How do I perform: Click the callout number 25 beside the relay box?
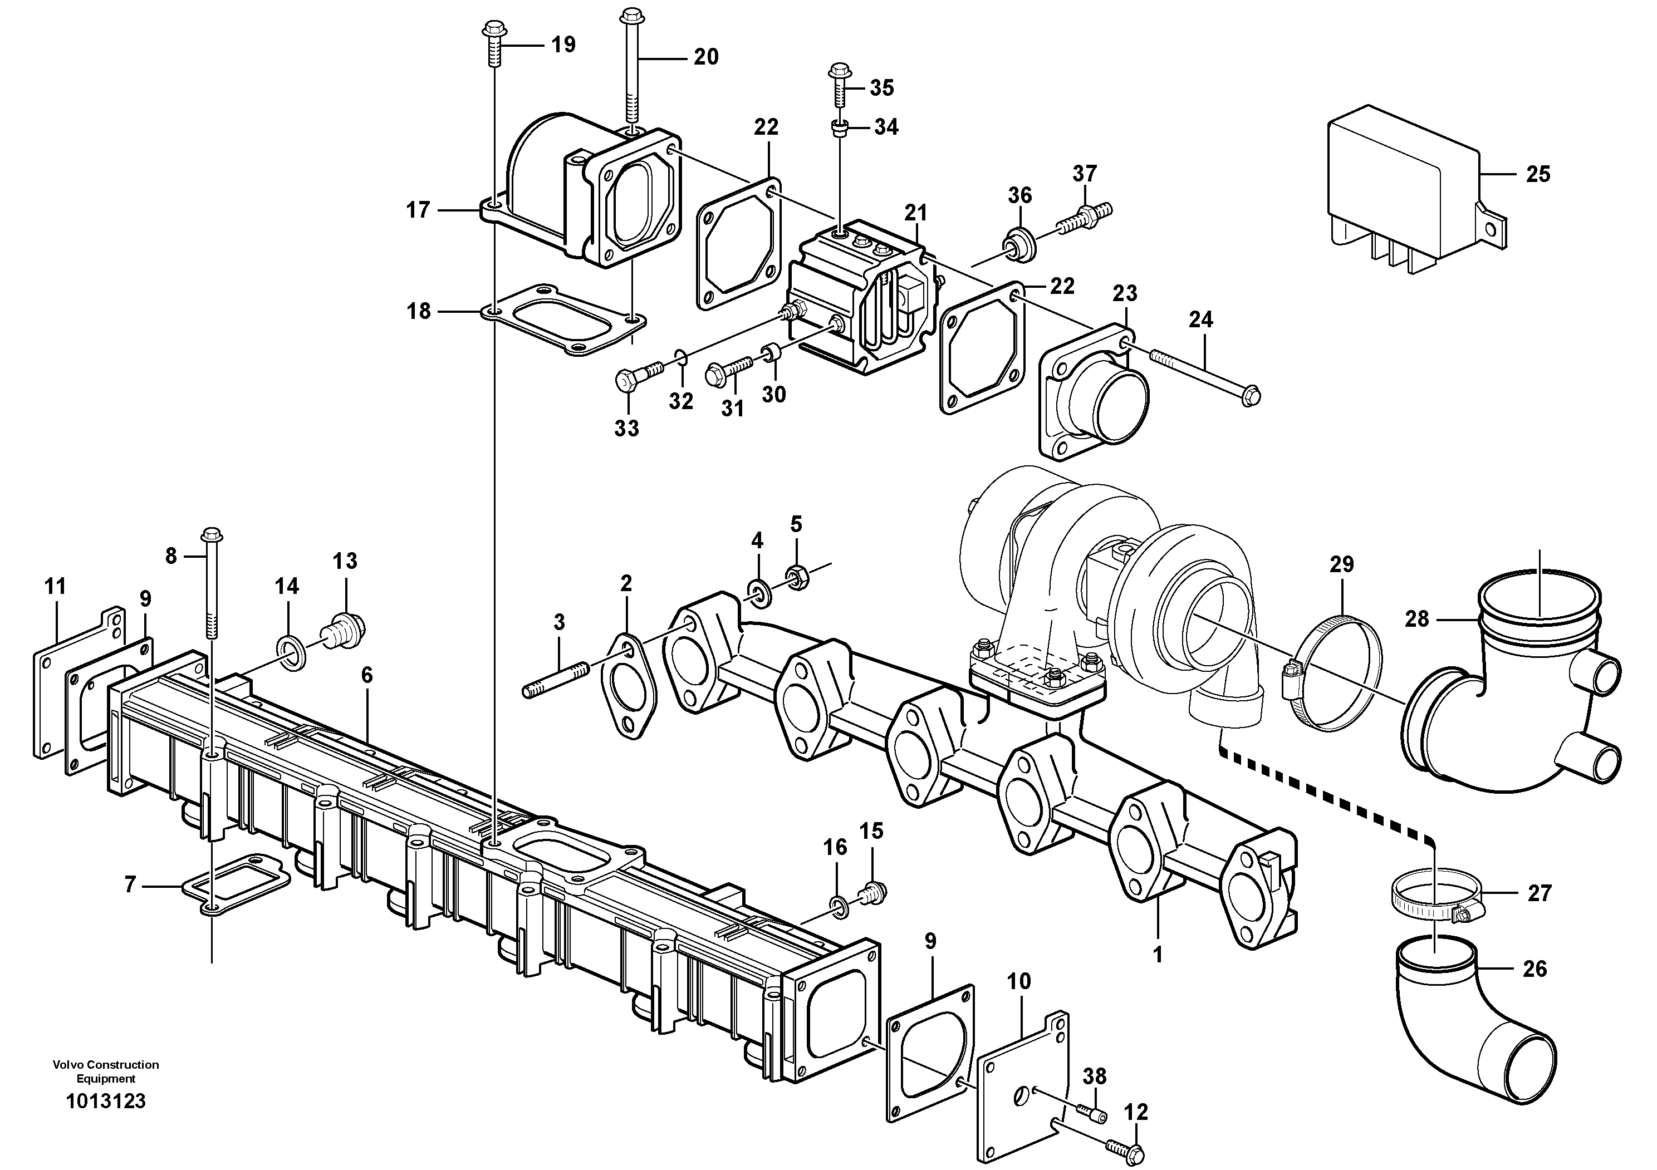pos(1538,175)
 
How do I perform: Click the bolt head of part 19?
pos(494,30)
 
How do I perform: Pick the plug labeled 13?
pos(346,629)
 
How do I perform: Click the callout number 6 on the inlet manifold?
pos(366,675)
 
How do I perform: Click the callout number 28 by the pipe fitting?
pos(1416,619)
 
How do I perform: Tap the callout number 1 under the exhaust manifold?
pos(1158,955)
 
